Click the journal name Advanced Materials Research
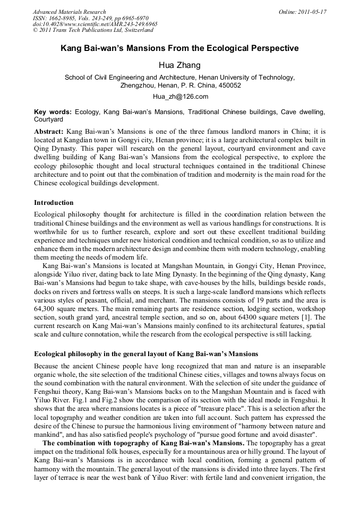(x=69, y=12)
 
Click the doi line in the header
(x=95, y=24)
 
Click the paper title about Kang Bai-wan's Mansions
(x=179, y=49)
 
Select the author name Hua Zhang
(x=179, y=65)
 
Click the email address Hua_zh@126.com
(x=179, y=97)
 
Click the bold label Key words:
(x=53, y=113)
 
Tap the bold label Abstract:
(x=49, y=131)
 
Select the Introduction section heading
(x=54, y=203)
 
